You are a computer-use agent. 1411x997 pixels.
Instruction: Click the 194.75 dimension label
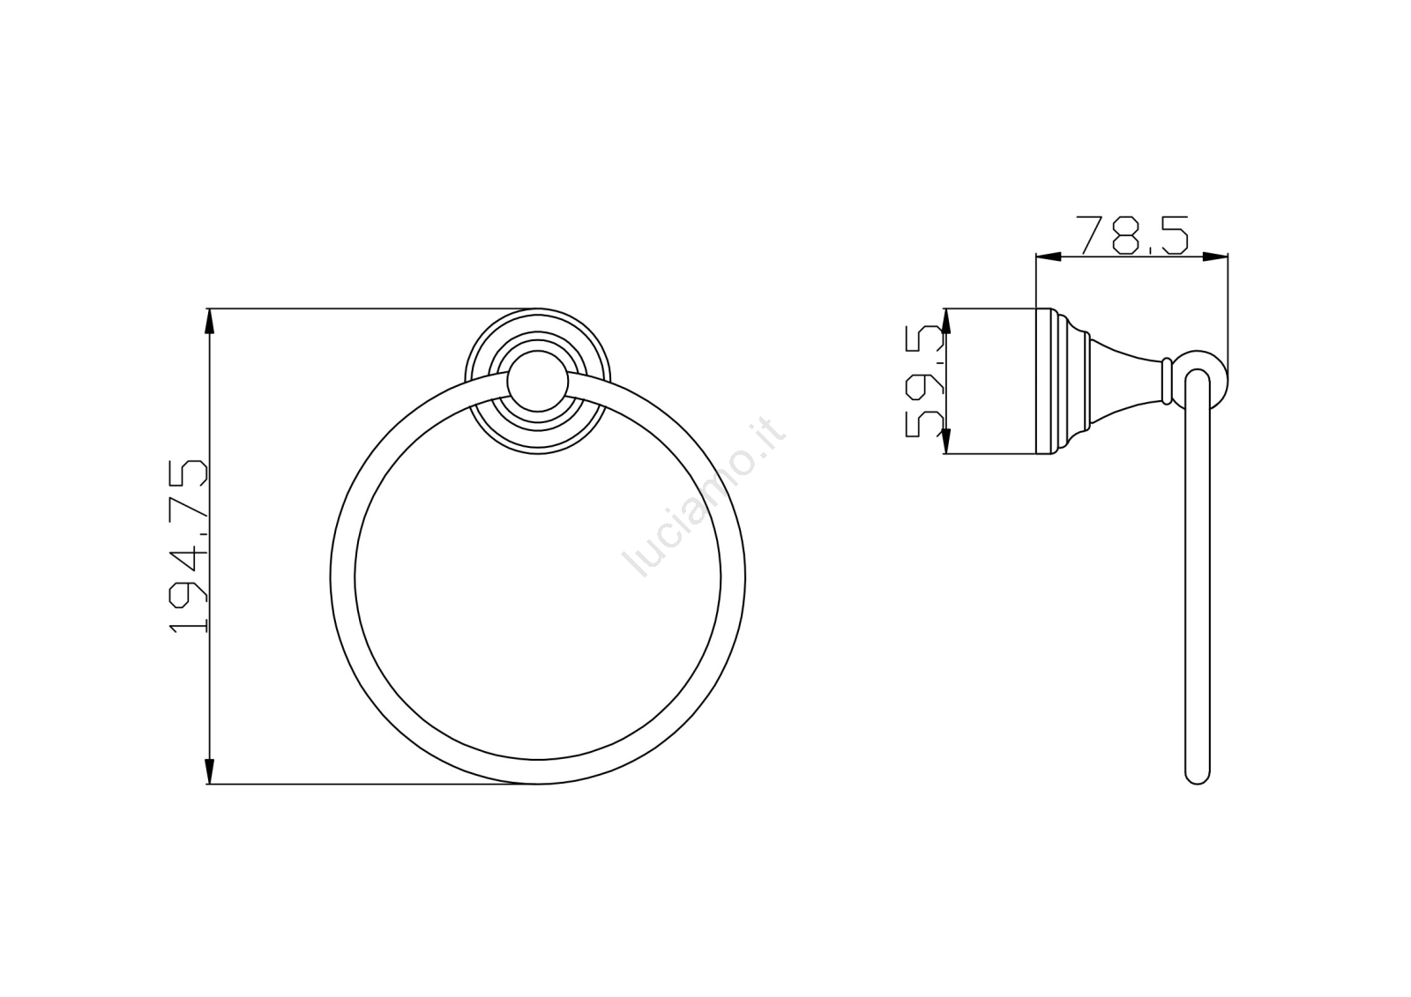pos(189,547)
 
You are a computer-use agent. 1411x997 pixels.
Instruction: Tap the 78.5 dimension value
pos(1132,234)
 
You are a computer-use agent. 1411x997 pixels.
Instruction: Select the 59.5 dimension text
pos(925,381)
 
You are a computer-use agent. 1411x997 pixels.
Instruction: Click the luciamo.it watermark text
pos(705,495)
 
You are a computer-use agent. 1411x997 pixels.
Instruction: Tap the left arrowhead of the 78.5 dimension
pos(1049,257)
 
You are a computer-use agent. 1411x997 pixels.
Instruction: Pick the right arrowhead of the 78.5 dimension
pos(1215,257)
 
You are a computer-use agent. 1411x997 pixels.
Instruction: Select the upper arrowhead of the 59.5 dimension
pos(944,321)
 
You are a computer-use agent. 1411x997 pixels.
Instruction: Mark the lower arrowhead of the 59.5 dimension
pos(944,441)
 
